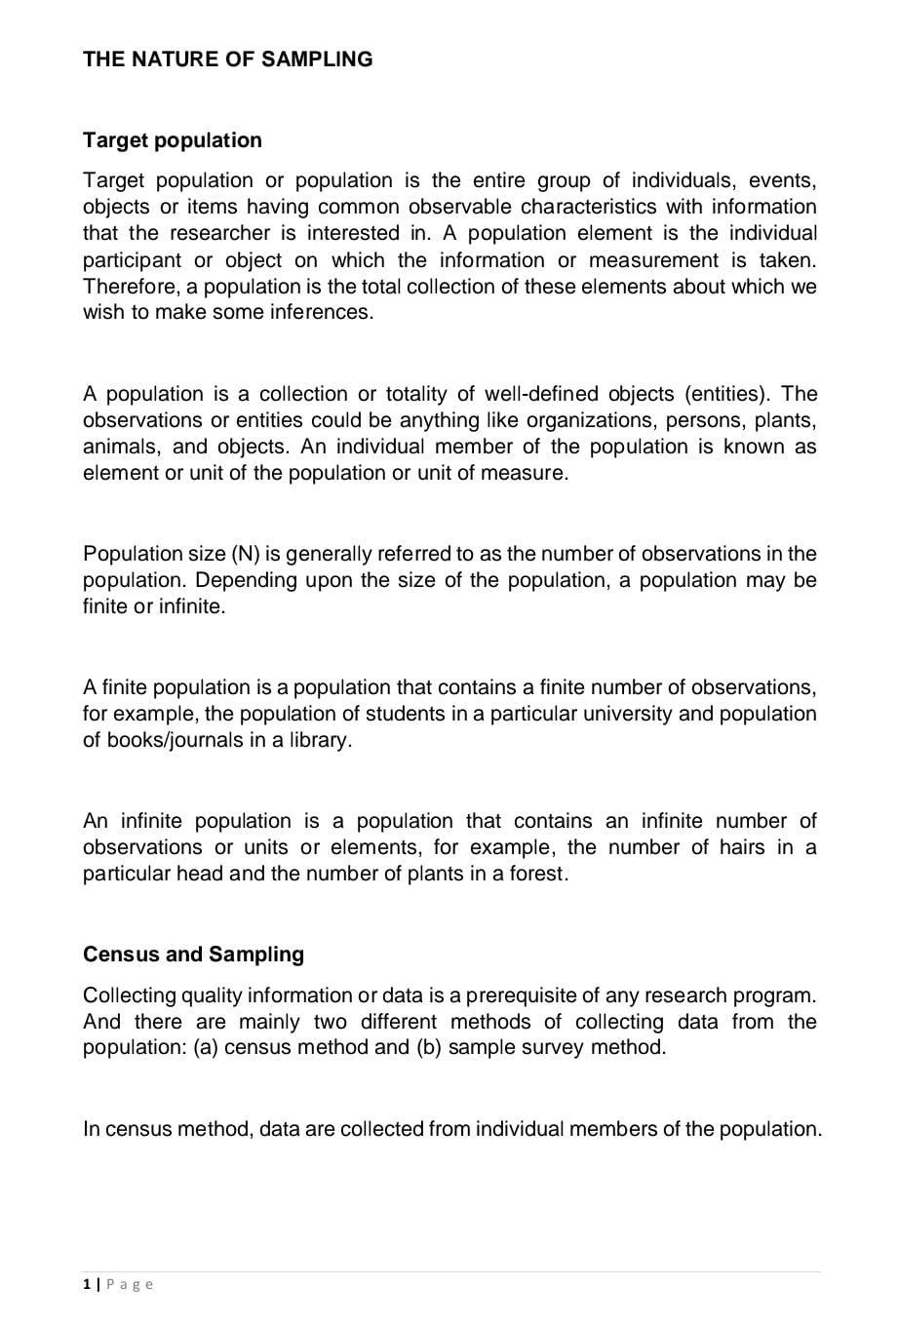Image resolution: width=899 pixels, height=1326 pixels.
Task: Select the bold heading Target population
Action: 173,140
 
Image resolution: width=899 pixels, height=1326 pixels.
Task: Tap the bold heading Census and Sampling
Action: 193,955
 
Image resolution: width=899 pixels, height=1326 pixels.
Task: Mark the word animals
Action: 121,447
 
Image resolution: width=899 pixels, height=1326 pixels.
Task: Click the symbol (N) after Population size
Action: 245,554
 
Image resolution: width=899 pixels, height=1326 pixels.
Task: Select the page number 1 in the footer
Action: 87,1284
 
